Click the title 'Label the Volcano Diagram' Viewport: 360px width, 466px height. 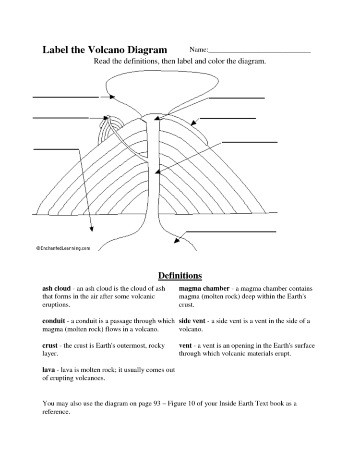point(105,49)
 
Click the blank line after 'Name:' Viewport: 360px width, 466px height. point(260,50)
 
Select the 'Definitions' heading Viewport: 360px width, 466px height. point(180,276)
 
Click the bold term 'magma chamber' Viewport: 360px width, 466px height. point(204,289)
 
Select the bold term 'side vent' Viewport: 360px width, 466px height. point(192,321)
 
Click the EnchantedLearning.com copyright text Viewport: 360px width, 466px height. point(63,248)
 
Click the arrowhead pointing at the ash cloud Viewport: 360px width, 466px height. point(112,97)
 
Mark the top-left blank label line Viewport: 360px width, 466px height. point(65,97)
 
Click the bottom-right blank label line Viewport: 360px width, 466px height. point(230,232)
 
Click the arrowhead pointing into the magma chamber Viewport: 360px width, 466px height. point(176,240)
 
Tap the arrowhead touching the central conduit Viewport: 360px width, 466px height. point(157,171)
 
